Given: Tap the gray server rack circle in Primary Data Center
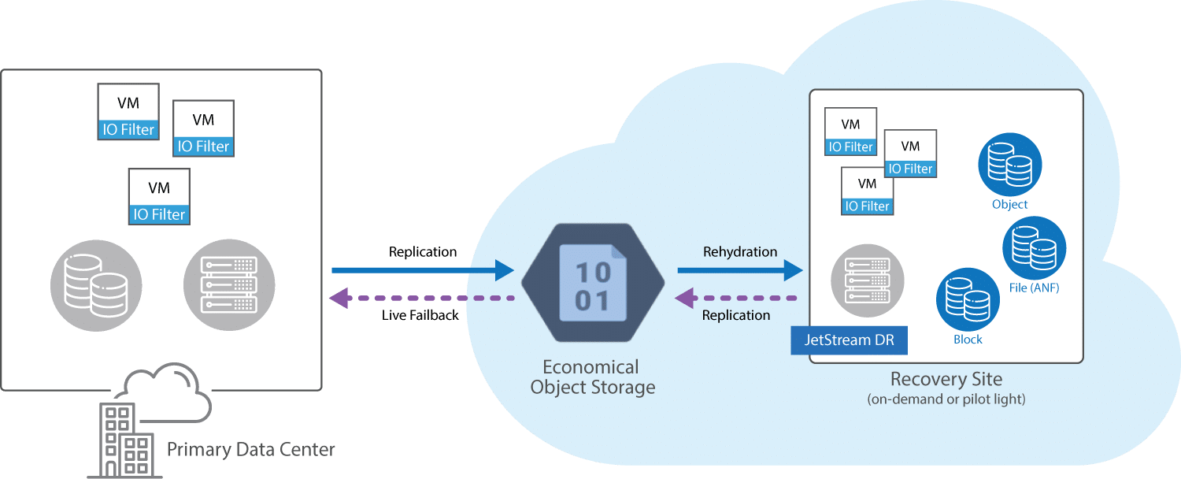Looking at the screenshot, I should click(x=229, y=284).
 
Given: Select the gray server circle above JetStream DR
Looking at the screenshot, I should click(x=868, y=279).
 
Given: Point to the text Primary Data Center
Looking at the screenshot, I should click(x=251, y=451).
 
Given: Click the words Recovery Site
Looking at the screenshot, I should click(x=946, y=379).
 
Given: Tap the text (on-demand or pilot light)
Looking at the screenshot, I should click(x=946, y=399).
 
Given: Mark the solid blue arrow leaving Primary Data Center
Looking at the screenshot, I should click(x=422, y=271).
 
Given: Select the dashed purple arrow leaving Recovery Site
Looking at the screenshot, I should click(x=737, y=299).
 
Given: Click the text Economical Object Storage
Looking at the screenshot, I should click(x=592, y=377).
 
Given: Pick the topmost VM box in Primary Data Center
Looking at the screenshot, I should click(x=128, y=112).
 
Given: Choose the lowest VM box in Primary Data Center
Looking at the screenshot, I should click(x=160, y=197).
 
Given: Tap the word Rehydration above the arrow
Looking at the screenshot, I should click(x=739, y=252).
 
